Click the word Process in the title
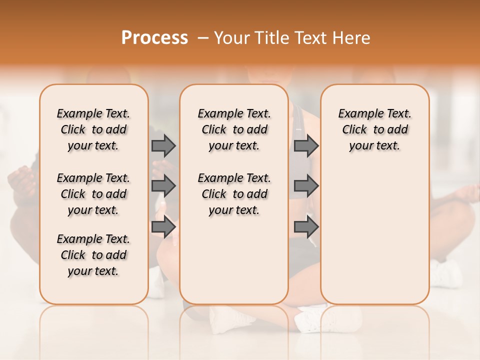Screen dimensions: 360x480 (154, 37)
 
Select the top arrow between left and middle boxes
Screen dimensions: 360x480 (163, 145)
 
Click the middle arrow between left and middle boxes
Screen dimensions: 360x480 (163, 186)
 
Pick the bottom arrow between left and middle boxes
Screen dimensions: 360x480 (163, 227)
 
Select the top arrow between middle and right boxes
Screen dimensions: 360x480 (306, 145)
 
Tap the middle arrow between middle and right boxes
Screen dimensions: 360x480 (306, 186)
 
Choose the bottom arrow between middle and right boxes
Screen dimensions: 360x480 (306, 227)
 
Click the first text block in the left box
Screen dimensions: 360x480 (93, 129)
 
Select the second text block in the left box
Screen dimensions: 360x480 (93, 194)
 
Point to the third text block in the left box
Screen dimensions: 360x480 (93, 255)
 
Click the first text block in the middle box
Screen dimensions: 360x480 (234, 129)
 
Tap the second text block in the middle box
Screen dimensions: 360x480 (234, 194)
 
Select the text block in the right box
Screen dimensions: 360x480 (374, 129)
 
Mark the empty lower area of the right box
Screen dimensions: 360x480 (374, 235)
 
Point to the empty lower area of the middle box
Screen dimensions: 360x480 (234, 260)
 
